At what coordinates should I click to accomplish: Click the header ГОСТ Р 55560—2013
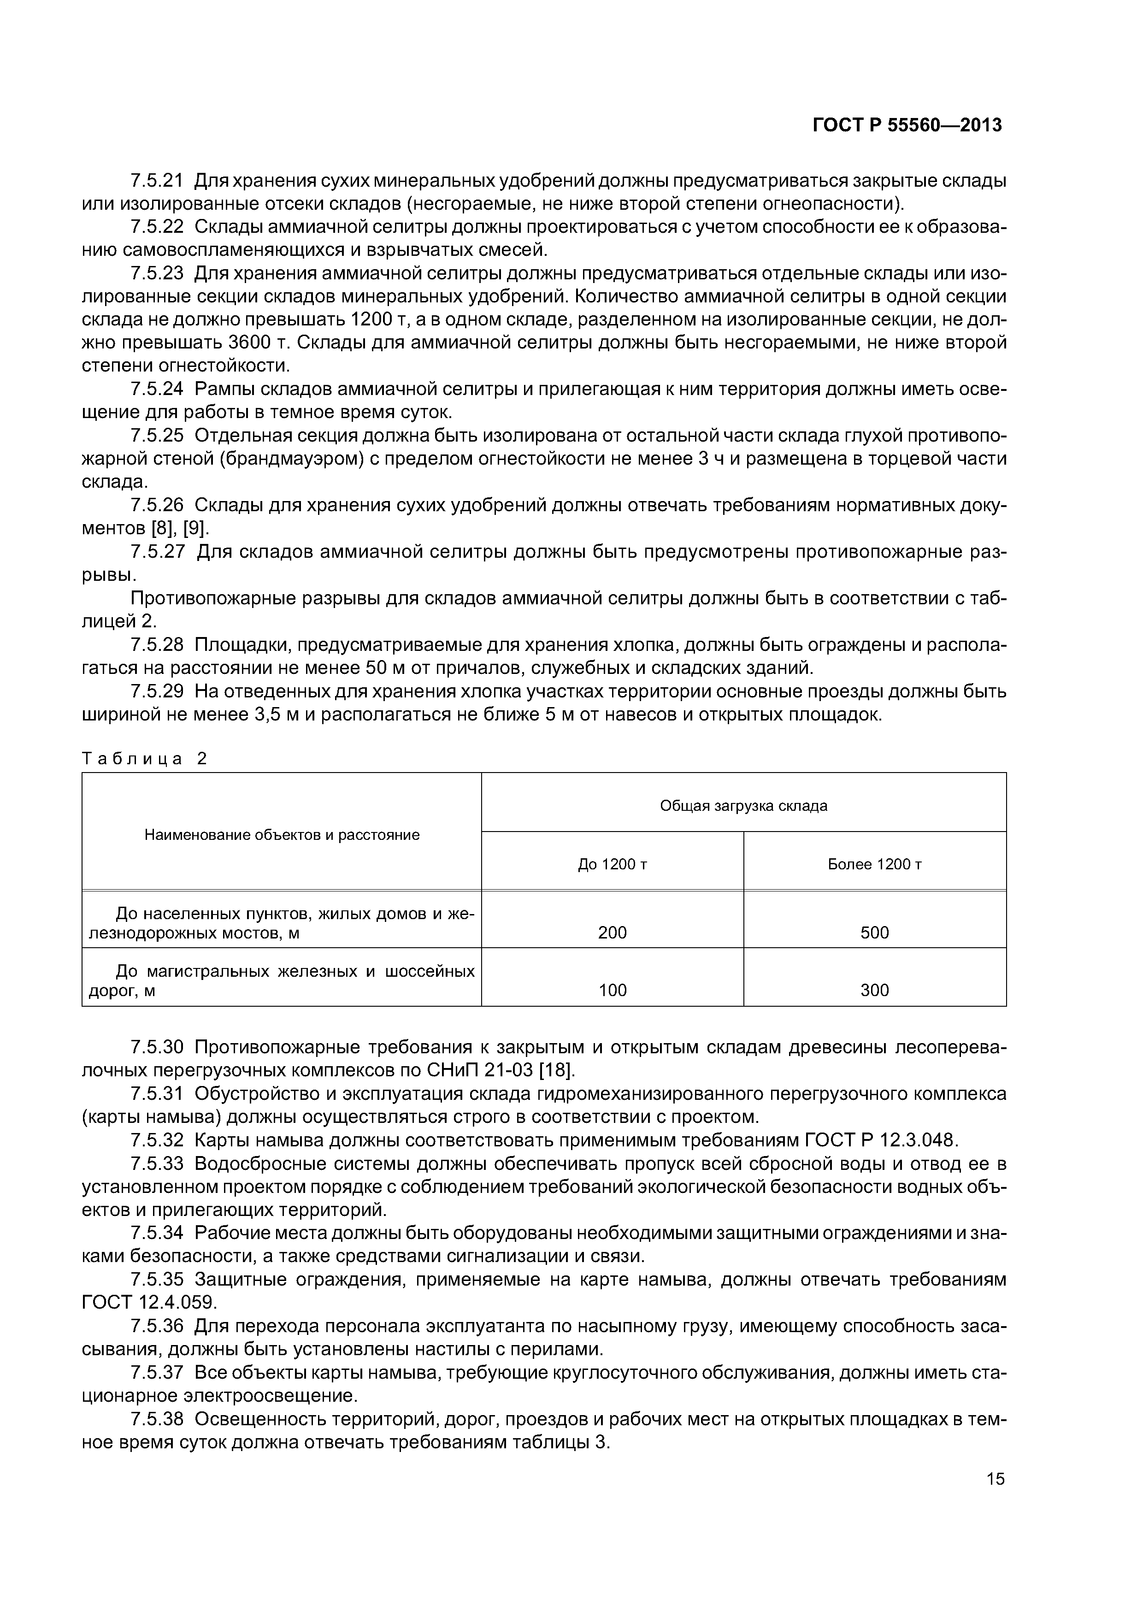pos(907,125)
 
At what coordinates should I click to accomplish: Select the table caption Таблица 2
pos(144,759)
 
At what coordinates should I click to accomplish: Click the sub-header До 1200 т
pos(612,864)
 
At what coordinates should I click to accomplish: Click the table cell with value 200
pos(612,932)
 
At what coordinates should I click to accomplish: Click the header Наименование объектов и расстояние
pos(282,835)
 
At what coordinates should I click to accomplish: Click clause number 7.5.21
pos(156,181)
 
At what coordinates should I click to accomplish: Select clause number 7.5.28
pos(156,644)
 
